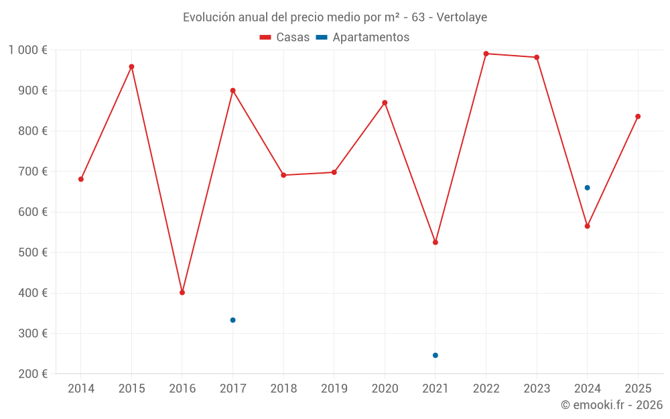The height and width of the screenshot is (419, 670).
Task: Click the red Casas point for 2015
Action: tap(131, 67)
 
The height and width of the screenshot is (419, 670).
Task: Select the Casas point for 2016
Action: tap(182, 292)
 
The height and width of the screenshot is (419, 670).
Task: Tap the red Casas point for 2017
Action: tap(232, 91)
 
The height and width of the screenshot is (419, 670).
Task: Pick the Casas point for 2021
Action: tap(435, 242)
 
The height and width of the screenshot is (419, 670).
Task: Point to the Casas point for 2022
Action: tap(486, 54)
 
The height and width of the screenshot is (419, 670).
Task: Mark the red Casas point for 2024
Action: tap(587, 226)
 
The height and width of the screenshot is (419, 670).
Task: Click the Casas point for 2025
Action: tap(638, 117)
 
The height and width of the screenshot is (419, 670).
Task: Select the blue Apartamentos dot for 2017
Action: tap(232, 320)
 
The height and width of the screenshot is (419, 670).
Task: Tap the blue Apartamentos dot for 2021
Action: tap(435, 355)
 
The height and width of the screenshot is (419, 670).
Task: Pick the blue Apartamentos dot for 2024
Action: tap(587, 188)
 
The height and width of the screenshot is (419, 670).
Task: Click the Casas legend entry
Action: tap(285, 38)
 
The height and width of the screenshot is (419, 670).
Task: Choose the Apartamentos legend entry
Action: tap(363, 38)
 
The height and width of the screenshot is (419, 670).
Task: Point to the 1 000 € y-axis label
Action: tap(28, 50)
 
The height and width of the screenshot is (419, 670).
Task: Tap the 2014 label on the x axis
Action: tap(81, 389)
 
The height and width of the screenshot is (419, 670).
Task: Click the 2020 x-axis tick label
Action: tap(385, 389)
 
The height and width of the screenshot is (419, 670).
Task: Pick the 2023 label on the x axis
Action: tap(537, 389)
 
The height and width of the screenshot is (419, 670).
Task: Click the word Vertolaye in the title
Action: tap(462, 17)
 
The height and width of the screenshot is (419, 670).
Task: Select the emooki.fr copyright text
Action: tap(612, 405)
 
